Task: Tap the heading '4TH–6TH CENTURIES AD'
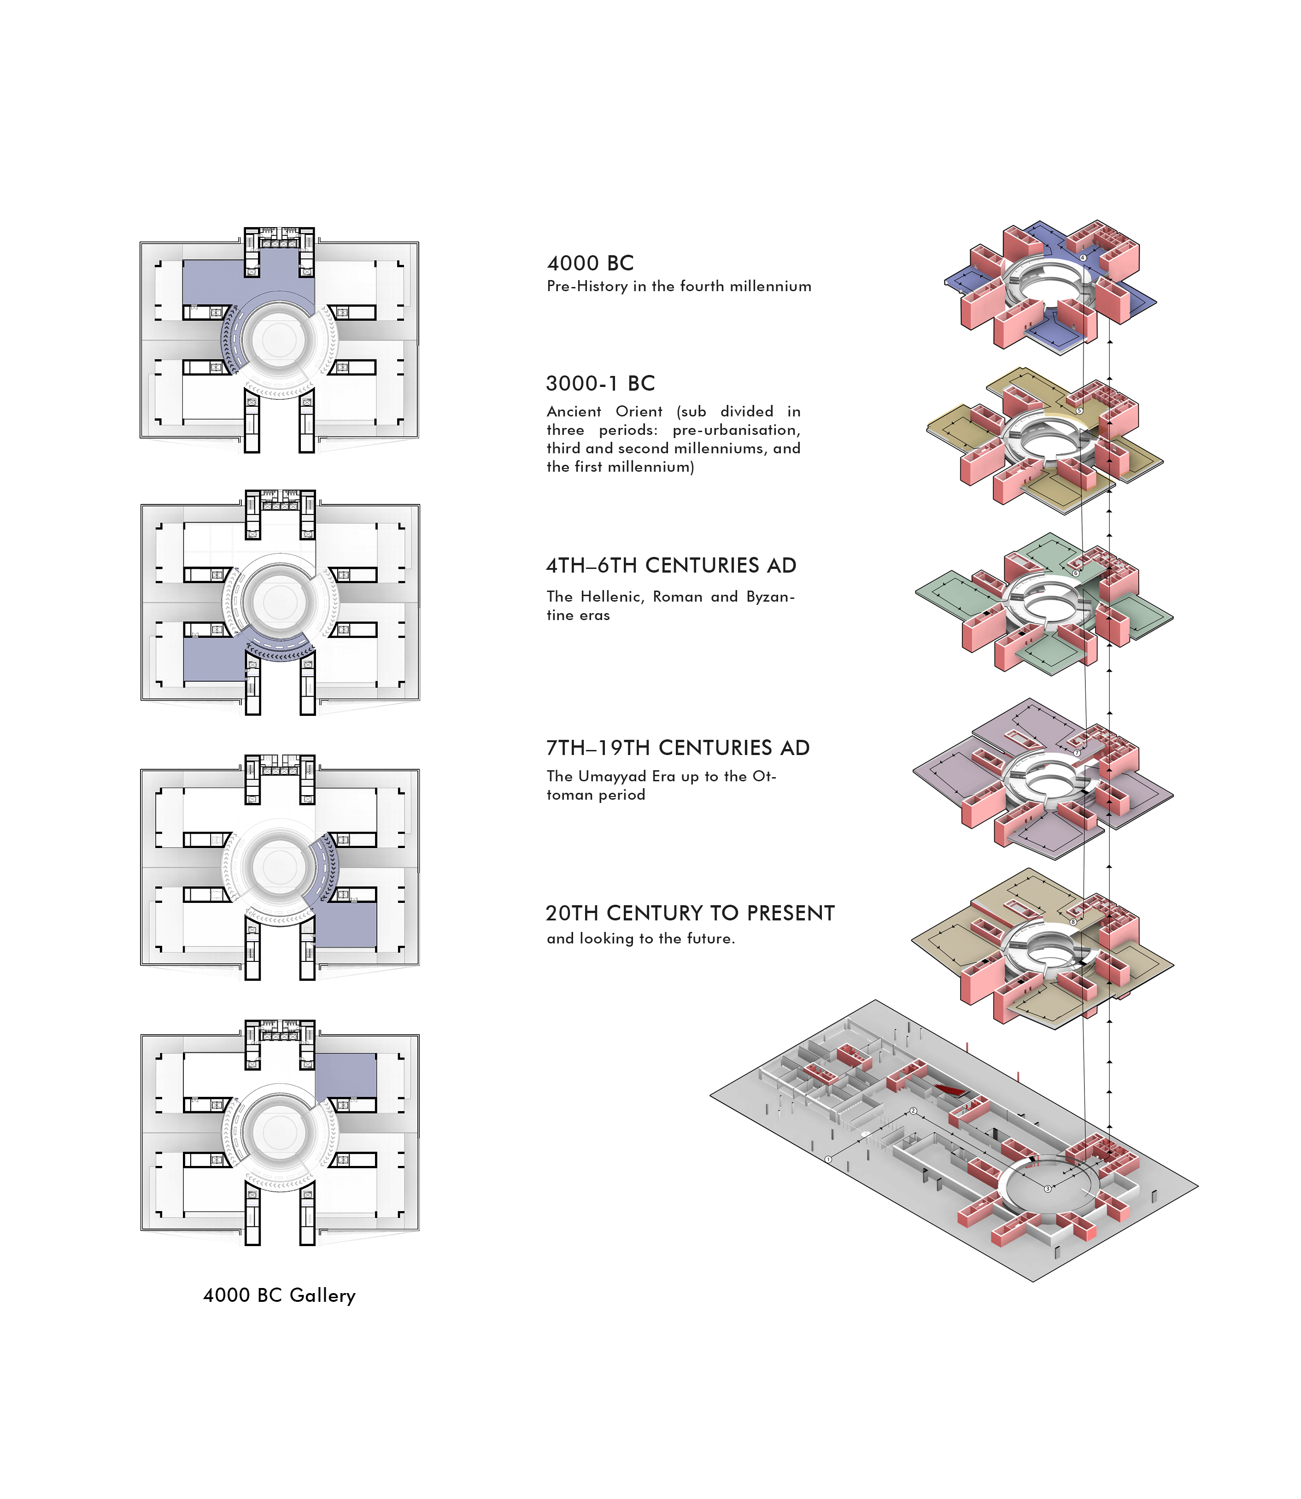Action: pyautogui.click(x=671, y=566)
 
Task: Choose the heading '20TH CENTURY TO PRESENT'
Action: pyautogui.click(x=690, y=913)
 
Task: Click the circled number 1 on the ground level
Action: pyautogui.click(x=828, y=1160)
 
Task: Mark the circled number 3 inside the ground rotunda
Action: pyautogui.click(x=1048, y=1189)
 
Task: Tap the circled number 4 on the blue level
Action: pyautogui.click(x=1083, y=258)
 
